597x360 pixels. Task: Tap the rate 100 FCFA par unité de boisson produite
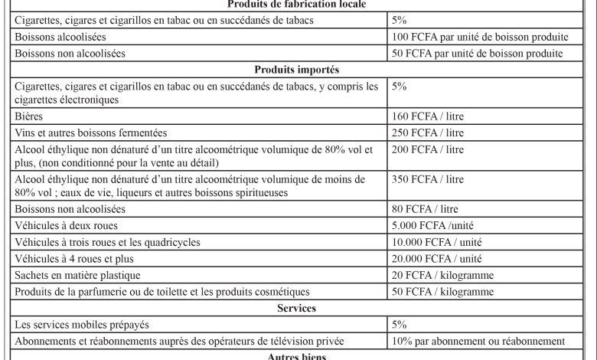(480, 37)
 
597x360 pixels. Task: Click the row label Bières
(28, 117)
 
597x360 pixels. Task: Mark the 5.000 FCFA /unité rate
(432, 227)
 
